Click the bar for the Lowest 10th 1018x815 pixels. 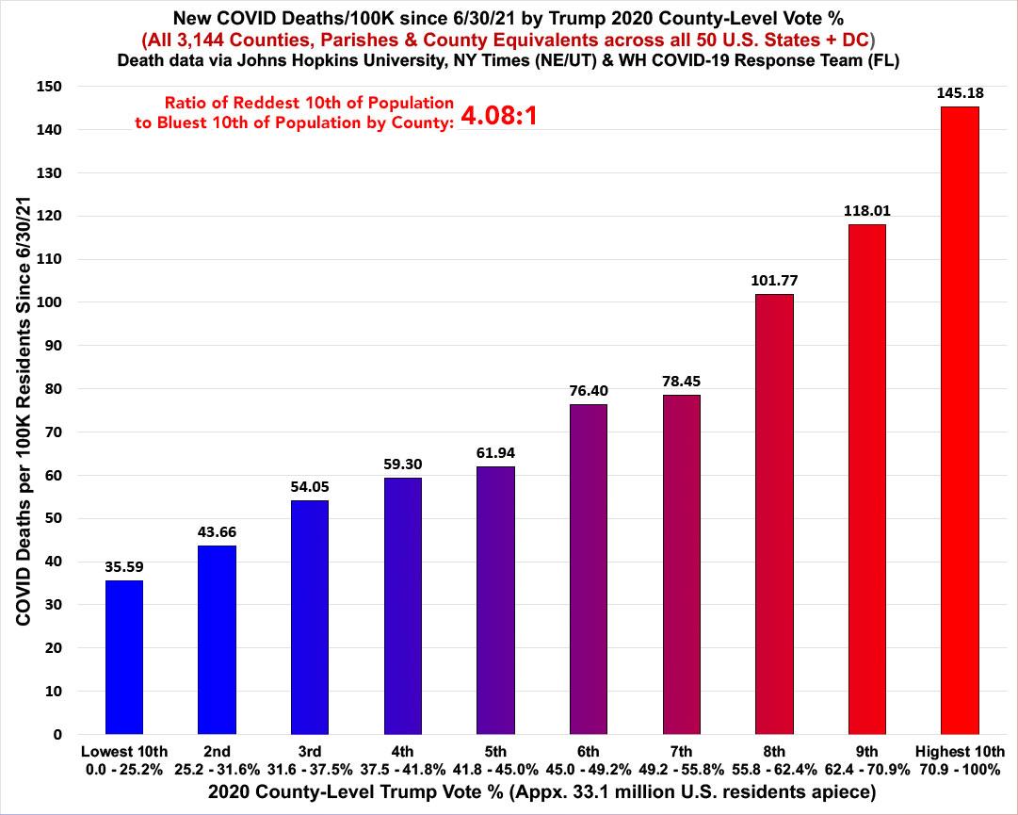(124, 657)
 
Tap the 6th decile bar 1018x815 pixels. (589, 569)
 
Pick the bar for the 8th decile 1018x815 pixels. (774, 513)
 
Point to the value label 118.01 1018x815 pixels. (866, 212)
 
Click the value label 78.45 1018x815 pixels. (681, 382)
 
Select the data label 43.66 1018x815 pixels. (217, 532)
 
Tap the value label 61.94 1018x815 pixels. (495, 453)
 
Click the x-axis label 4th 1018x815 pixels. (402, 751)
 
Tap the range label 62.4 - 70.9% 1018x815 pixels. (866, 768)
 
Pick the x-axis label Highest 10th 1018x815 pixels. (960, 751)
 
